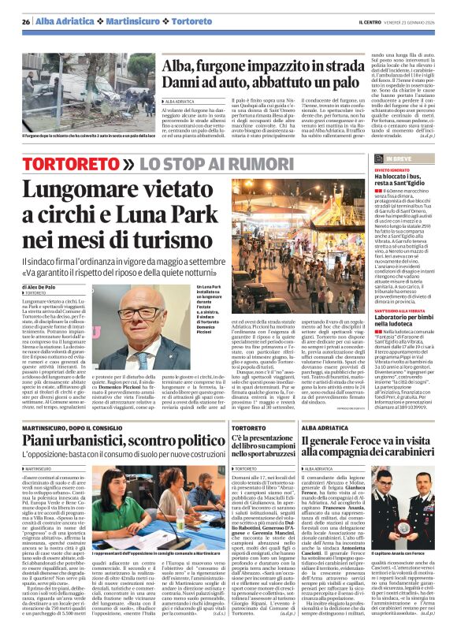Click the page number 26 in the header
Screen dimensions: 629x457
pos(27,21)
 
